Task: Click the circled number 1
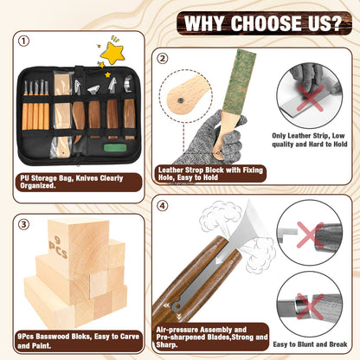22,40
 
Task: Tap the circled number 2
162,59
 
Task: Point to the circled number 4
162,206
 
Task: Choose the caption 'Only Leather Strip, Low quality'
311,142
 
